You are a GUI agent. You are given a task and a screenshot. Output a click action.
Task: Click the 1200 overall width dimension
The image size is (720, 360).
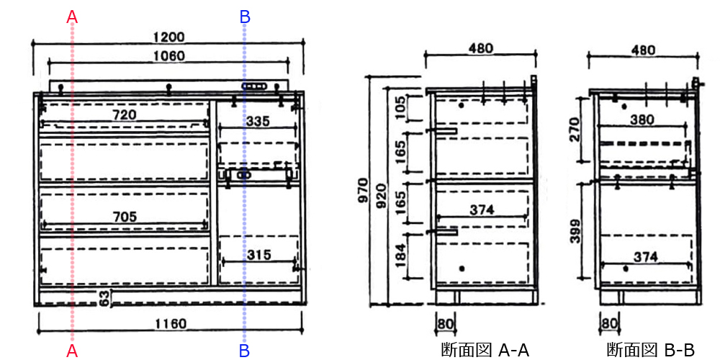tap(168, 37)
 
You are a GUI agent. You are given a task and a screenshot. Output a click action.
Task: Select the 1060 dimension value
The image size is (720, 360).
tap(168, 56)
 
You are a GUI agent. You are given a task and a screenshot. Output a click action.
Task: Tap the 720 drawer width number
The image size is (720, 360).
tap(125, 114)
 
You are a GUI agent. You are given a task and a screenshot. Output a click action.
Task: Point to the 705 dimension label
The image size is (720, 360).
tap(125, 216)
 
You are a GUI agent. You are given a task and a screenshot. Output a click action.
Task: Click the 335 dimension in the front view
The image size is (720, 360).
tap(258, 122)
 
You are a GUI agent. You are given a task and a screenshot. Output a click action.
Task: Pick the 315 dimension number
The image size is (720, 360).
tap(258, 254)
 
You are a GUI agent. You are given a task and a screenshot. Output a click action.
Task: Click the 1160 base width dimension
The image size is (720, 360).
tap(171, 324)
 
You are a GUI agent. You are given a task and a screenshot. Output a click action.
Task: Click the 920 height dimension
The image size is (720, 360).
tap(381, 196)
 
